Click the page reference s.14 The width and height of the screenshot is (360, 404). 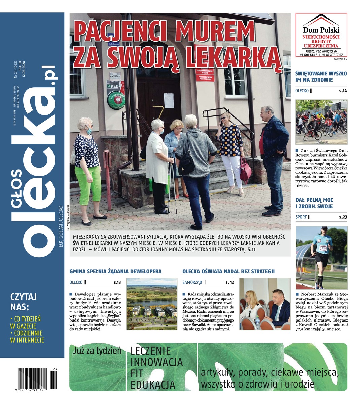[343, 91]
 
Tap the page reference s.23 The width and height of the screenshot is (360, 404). [343, 217]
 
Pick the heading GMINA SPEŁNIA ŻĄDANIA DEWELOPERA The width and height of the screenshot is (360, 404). [115, 271]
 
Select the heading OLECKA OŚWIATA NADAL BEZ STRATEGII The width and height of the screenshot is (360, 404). [228, 271]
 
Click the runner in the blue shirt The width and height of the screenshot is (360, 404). [322, 256]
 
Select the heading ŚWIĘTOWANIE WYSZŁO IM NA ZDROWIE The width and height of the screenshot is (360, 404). [321, 76]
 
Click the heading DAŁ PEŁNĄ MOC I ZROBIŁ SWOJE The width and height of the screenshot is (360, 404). [314, 203]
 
